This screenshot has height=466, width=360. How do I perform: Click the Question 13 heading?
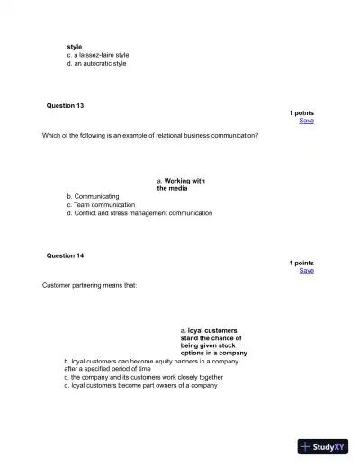pyautogui.click(x=65, y=105)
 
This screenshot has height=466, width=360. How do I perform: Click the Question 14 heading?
pyautogui.click(x=65, y=255)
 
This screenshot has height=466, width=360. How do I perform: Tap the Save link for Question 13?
pyautogui.click(x=306, y=121)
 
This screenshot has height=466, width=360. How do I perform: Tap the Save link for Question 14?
pyautogui.click(x=306, y=271)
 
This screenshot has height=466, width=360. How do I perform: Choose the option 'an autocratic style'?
pyautogui.click(x=96, y=64)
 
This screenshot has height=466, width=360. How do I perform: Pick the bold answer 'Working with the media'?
pyautogui.click(x=180, y=184)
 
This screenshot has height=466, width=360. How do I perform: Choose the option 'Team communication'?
pyautogui.click(x=100, y=204)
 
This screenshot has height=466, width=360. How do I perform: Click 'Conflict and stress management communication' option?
pyautogui.click(x=139, y=213)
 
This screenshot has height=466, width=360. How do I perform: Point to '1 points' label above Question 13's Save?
pyautogui.click(x=301, y=112)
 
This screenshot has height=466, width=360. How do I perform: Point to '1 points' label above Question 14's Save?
pyautogui.click(x=301, y=263)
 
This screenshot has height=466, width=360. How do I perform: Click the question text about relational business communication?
pyautogui.click(x=150, y=135)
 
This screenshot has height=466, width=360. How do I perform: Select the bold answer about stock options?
pyautogui.click(x=213, y=342)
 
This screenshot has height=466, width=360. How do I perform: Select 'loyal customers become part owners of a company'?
pyautogui.click(x=140, y=385)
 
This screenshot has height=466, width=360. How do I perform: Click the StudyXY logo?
pyautogui.click(x=323, y=445)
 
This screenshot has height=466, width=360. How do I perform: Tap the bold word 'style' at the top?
pyautogui.click(x=74, y=46)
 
